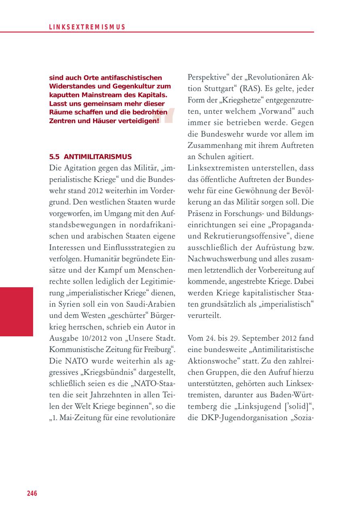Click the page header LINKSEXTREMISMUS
(87, 27)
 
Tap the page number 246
(32, 493)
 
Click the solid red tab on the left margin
(17, 311)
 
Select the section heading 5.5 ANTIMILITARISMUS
(91, 156)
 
